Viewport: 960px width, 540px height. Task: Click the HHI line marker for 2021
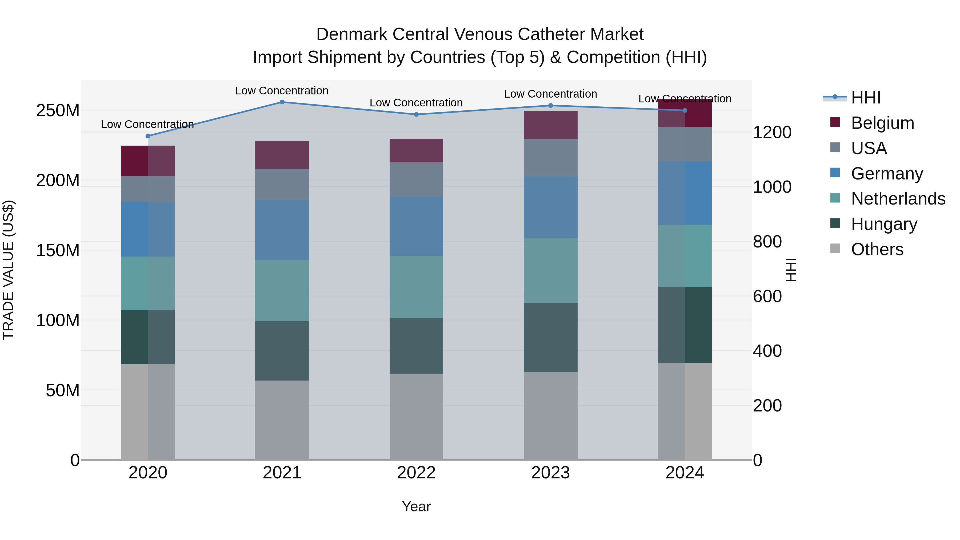tap(282, 102)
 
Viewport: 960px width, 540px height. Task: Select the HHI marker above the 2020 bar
tap(148, 136)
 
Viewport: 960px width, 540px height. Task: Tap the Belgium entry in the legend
tap(882, 123)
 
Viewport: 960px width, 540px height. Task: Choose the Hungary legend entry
tap(884, 224)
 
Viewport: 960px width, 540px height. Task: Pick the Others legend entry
tap(877, 249)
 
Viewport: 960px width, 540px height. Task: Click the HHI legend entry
tap(866, 98)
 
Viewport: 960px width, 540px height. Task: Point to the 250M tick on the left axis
tap(58, 111)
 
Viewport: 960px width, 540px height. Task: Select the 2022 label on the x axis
tap(416, 473)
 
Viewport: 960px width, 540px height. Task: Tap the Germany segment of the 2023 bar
tap(550, 207)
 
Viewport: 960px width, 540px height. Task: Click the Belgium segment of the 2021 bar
tap(282, 155)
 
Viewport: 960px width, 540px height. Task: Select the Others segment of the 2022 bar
tap(416, 417)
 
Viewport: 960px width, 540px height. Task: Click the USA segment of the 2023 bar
tap(550, 158)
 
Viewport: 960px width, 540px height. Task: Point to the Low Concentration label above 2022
tap(416, 103)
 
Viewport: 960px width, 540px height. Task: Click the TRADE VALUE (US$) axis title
tap(8, 270)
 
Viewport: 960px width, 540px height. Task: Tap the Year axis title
tap(416, 506)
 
